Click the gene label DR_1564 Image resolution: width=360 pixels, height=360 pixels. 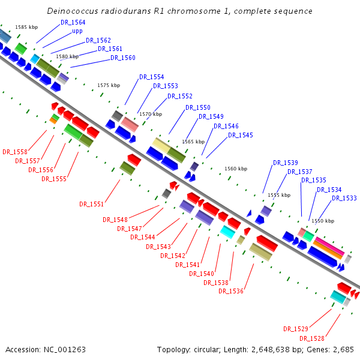tap(73, 22)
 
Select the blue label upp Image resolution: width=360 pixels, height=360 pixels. tap(77, 31)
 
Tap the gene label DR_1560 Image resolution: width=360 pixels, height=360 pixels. tap(123, 58)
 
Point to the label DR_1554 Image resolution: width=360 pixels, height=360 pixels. tap(151, 77)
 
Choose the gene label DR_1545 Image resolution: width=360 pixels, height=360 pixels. tap(241, 135)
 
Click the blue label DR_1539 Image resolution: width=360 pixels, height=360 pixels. tap(286, 163)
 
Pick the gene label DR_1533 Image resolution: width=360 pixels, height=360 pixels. tap(344, 198)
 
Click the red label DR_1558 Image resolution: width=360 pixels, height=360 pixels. tap(15, 152)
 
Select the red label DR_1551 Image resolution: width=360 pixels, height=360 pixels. tap(91, 204)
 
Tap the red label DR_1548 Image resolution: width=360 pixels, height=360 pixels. tap(115, 220)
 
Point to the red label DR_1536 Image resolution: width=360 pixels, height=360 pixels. tap(231, 291)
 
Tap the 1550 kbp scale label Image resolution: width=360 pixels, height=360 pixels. tap(323, 221)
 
